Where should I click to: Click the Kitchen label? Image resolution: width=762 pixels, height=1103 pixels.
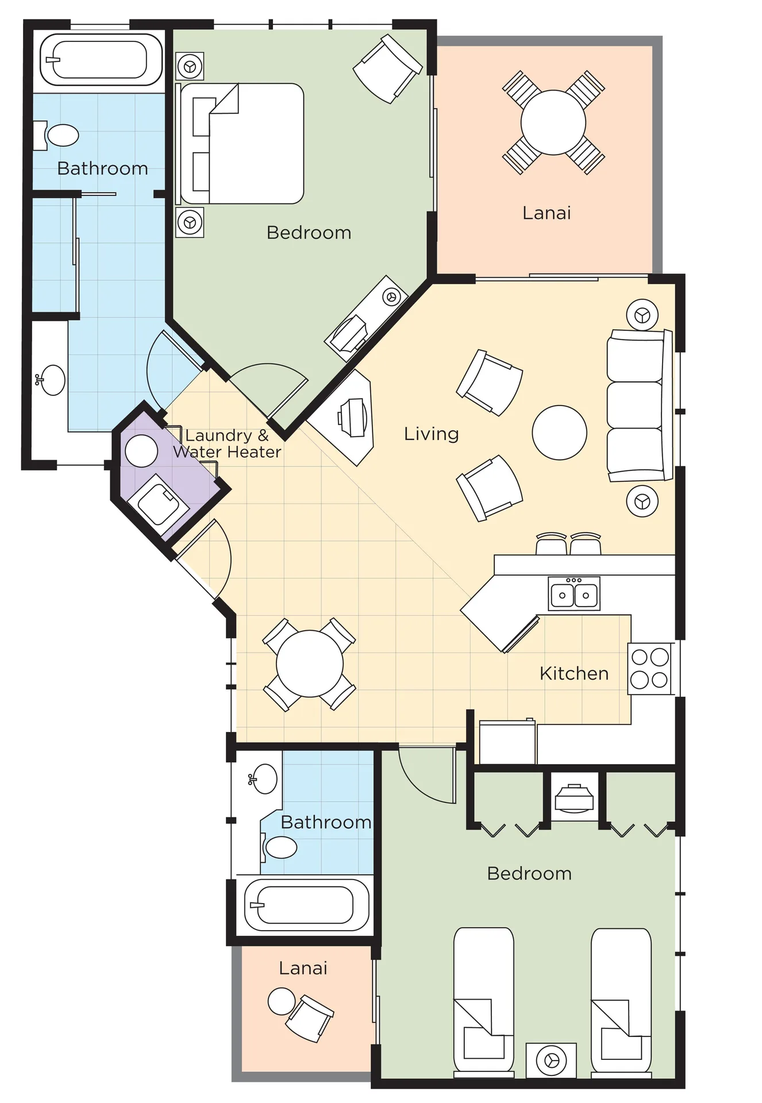click(x=574, y=673)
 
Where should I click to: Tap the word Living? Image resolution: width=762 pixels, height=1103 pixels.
click(x=432, y=434)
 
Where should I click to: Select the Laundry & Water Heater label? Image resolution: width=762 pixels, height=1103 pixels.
click(x=228, y=443)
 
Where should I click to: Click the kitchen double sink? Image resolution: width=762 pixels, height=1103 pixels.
click(x=574, y=593)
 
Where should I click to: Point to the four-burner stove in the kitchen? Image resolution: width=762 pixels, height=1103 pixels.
click(x=649, y=669)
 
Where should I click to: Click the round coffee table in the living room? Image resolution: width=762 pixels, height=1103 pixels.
click(x=559, y=433)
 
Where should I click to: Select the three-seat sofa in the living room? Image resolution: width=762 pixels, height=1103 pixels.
click(x=639, y=406)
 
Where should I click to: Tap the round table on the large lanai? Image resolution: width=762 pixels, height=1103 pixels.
click(x=553, y=122)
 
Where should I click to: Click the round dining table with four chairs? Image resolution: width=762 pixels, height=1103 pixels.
click(x=310, y=664)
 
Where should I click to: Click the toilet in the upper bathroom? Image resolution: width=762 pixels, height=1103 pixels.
click(x=57, y=136)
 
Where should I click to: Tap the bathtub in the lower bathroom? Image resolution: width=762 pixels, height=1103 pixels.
click(x=306, y=905)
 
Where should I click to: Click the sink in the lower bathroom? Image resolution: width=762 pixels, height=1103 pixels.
click(x=264, y=779)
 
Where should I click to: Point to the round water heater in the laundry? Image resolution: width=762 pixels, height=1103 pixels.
click(x=141, y=451)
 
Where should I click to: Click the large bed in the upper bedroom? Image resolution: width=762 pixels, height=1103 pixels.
click(x=242, y=144)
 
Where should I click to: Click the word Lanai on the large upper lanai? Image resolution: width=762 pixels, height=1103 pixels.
click(x=547, y=213)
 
